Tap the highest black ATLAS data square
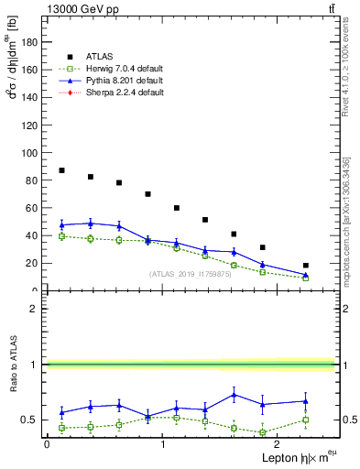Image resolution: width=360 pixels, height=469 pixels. [x=61, y=170]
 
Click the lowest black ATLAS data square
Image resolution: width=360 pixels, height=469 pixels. [x=306, y=266]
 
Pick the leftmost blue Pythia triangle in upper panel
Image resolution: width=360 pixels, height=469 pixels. [x=61, y=224]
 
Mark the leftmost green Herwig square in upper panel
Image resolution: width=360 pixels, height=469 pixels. [x=61, y=236]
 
